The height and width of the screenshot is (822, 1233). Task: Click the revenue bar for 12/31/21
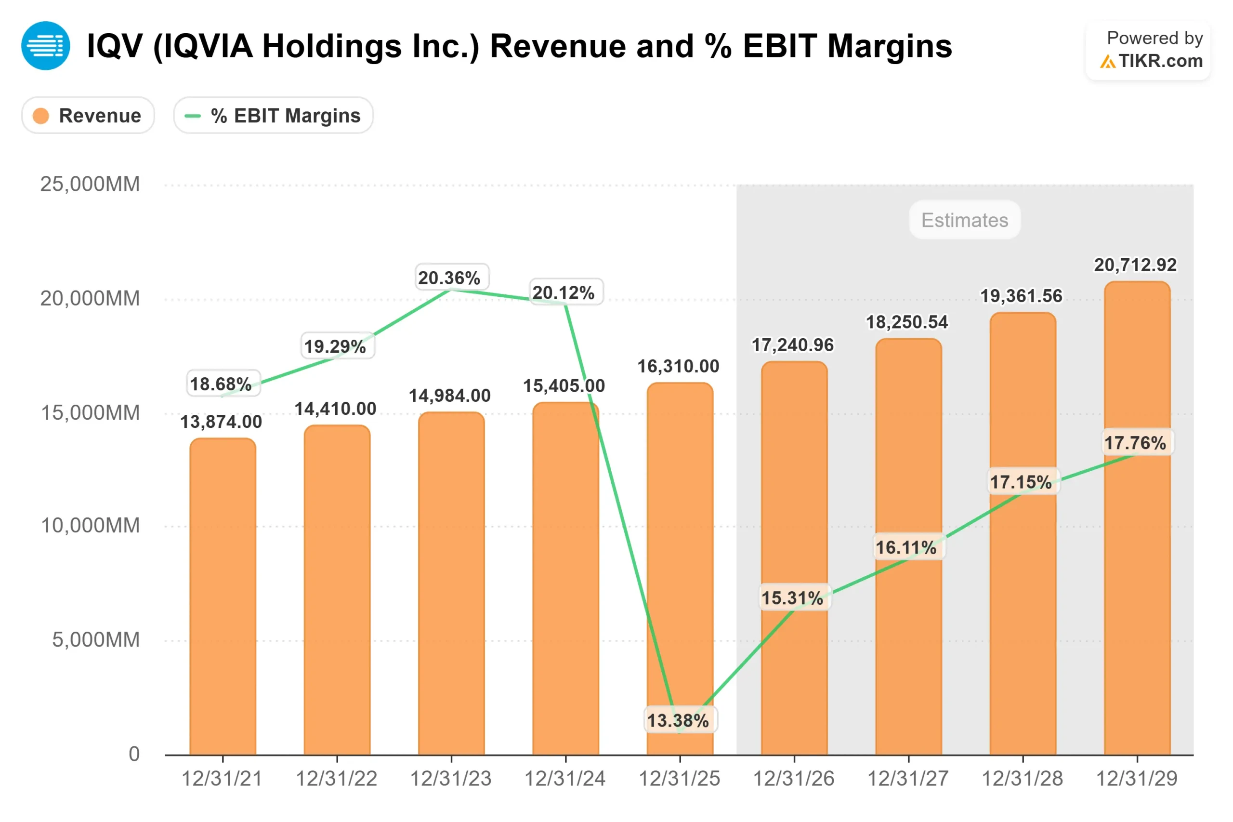coord(223,597)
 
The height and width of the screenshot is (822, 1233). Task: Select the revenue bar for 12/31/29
coord(1137,577)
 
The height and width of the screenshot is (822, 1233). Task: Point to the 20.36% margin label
coord(449,278)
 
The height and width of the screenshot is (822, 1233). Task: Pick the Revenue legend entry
coord(88,115)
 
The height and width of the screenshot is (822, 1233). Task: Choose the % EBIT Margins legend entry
coord(273,115)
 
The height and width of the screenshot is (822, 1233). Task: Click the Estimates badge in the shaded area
coord(964,220)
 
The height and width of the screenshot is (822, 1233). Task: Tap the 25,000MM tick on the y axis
coord(90,184)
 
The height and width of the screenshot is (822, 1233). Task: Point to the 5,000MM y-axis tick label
coord(96,639)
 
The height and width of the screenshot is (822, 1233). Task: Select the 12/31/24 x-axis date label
coord(565,779)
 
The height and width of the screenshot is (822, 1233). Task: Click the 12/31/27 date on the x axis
coord(907,779)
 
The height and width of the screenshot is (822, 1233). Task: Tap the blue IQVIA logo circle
coord(46,46)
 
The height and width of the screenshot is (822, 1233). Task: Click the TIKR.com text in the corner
coord(1161,61)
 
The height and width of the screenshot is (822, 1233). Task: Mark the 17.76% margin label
coord(1135,442)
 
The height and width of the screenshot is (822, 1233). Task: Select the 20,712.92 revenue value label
coord(1135,265)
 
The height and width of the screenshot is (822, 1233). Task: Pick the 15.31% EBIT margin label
coord(792,597)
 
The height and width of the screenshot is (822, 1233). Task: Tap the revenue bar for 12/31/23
coord(451,582)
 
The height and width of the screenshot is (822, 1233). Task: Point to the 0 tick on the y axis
coord(134,754)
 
